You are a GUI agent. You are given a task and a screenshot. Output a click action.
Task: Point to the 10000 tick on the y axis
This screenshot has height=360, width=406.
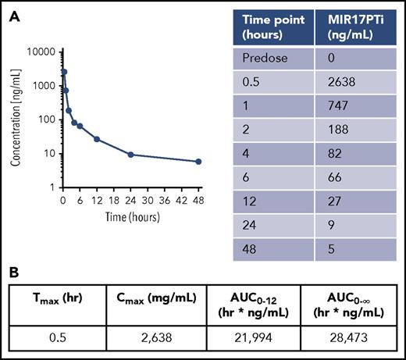(x=42, y=52)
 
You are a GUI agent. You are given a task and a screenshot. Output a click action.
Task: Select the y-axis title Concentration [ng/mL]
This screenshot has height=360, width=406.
(x=15, y=119)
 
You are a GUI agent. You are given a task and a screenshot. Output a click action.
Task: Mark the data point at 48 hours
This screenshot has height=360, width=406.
(x=198, y=162)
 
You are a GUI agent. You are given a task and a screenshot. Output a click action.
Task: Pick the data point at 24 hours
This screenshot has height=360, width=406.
(x=131, y=154)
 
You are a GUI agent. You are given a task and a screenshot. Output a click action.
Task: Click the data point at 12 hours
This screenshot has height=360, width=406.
(x=97, y=139)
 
